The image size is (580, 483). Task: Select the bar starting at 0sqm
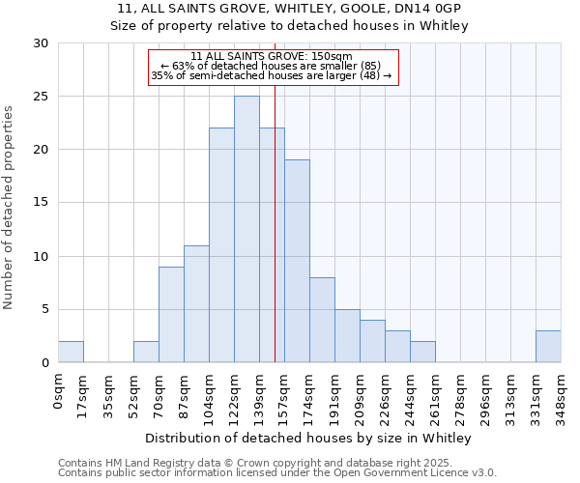point(71,352)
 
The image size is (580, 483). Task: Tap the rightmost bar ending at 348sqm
point(548,347)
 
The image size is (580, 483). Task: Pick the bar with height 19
point(297,261)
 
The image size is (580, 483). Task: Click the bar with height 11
point(196,303)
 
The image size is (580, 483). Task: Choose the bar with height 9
point(171,314)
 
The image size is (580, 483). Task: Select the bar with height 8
point(322,320)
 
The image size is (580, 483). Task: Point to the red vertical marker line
point(275,241)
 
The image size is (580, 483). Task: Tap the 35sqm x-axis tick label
point(108,392)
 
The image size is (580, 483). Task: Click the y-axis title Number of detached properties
point(10,208)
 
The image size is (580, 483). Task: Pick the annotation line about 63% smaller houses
point(273,66)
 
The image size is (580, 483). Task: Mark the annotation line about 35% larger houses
point(272,75)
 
